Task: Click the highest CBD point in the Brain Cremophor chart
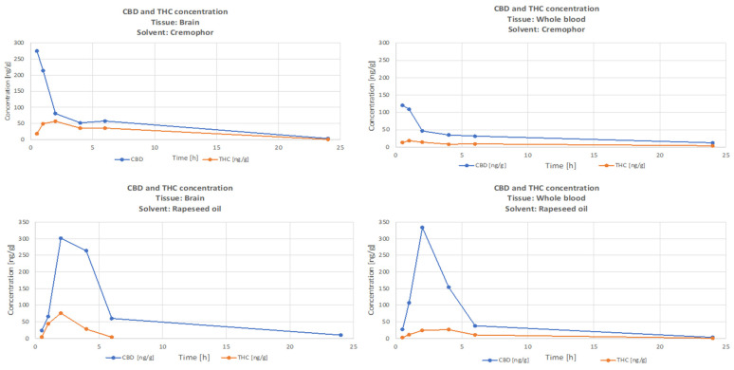(x=37, y=51)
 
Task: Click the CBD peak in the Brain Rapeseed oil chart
(x=61, y=238)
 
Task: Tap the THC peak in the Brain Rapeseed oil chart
(x=61, y=313)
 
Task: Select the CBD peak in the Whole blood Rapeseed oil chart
(x=422, y=228)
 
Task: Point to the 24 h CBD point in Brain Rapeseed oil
(x=340, y=335)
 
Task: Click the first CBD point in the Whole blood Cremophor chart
(x=402, y=105)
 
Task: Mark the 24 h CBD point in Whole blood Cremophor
(x=712, y=143)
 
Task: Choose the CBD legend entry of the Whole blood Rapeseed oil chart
(x=502, y=361)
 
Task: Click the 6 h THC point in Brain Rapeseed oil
(x=111, y=337)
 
